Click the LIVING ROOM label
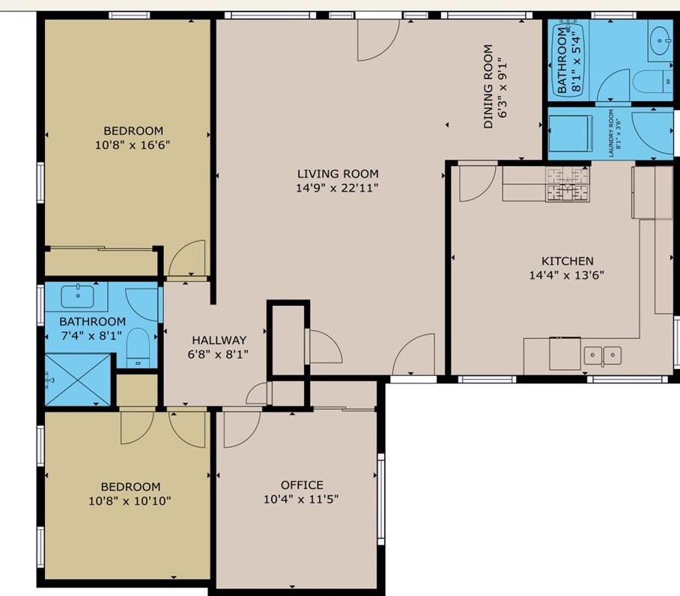tap(338, 174)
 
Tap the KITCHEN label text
tap(567, 261)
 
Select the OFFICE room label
tap(302, 484)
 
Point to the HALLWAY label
tap(219, 340)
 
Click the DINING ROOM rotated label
tap(488, 86)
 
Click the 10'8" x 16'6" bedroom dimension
tap(133, 145)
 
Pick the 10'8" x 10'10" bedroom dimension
tap(130, 501)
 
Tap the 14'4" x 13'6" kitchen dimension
tap(566, 275)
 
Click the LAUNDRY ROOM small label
tap(610, 133)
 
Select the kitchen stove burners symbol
tap(568, 184)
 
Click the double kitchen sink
tap(602, 356)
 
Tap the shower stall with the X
tap(78, 380)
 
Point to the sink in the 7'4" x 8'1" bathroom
tap(78, 296)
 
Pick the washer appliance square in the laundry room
tap(571, 133)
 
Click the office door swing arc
tap(242, 430)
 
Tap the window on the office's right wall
tap(380, 499)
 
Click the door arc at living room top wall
tap(378, 40)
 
